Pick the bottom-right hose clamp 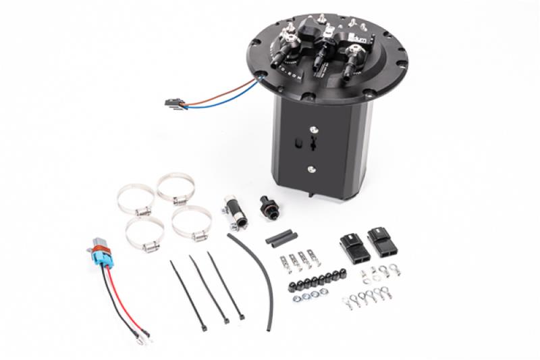[192, 225]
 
